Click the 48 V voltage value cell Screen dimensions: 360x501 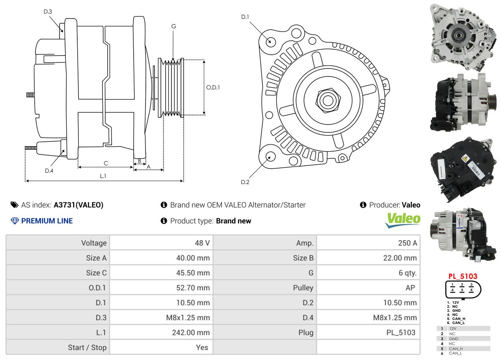click(x=202, y=243)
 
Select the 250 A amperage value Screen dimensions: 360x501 click(x=407, y=243)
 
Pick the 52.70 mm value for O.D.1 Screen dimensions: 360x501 click(x=193, y=288)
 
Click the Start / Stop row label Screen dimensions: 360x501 click(x=87, y=347)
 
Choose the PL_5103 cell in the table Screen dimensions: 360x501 click(x=400, y=332)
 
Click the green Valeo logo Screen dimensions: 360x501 click(x=402, y=220)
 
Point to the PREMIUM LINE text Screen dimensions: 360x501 click(x=47, y=221)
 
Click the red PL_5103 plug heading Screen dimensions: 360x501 click(x=462, y=276)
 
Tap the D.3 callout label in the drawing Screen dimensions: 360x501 click(x=48, y=11)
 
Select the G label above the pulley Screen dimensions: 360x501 click(x=173, y=26)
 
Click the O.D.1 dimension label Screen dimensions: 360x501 click(x=213, y=87)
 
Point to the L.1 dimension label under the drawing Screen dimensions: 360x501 click(x=103, y=176)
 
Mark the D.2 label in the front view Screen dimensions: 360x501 click(x=245, y=182)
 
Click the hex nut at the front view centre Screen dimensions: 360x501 click(x=327, y=99)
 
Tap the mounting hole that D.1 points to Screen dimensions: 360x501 click(x=270, y=41)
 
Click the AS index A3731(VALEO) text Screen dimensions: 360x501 click(x=78, y=205)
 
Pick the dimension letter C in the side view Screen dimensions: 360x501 click(x=106, y=163)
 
